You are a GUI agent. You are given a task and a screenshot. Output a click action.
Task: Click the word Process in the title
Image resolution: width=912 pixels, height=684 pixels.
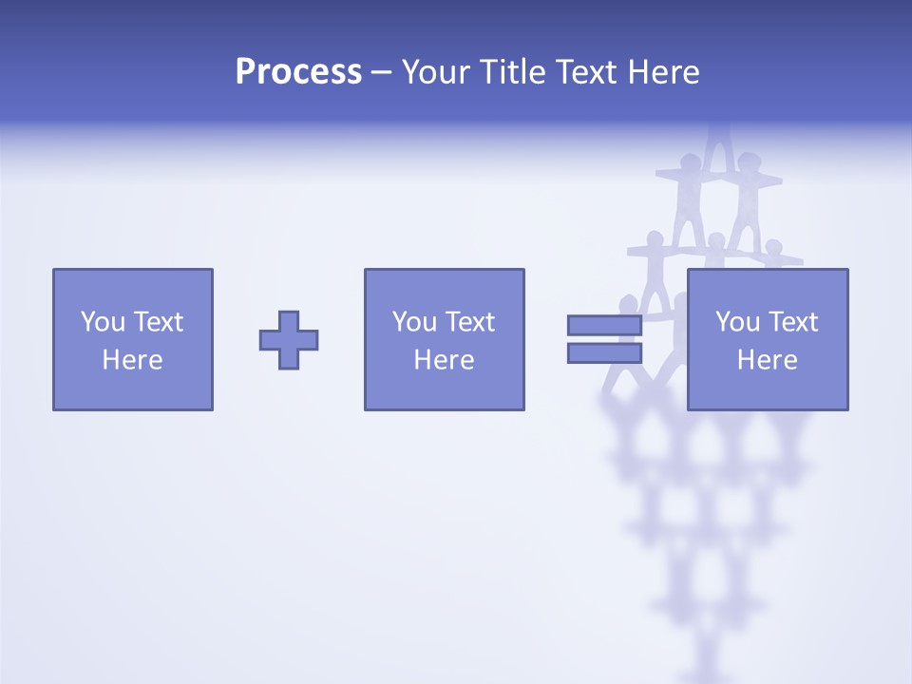298,72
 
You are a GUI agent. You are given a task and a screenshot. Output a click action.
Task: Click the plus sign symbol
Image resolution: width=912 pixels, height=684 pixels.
289,340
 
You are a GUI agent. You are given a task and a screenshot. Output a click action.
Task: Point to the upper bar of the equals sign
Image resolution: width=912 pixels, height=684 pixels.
604,325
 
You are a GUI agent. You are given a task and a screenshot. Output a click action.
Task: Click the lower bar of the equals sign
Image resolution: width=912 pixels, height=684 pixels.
604,353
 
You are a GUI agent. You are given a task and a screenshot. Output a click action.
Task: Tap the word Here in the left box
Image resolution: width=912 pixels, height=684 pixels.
132,360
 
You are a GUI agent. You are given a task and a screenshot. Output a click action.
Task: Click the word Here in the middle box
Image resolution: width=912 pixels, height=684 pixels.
444,360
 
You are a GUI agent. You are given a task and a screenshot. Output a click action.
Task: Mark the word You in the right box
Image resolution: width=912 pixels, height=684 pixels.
737,322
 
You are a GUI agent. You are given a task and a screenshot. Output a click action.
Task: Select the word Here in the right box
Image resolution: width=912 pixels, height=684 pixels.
767,360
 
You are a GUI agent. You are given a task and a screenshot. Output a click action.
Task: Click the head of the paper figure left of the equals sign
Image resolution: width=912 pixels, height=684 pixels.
628,304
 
